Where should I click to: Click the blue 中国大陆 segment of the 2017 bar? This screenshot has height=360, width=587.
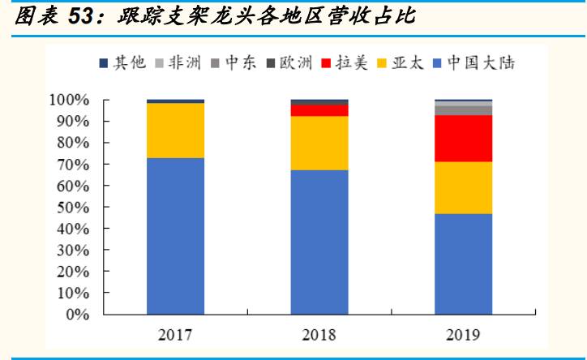[175, 235]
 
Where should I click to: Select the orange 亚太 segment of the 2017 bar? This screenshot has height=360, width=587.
[175, 131]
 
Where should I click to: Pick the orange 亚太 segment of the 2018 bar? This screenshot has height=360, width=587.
[319, 143]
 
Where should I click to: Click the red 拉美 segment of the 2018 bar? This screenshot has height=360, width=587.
[319, 110]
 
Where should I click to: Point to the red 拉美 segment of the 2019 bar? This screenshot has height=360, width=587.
[464, 138]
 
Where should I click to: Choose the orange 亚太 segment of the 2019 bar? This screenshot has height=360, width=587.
[464, 187]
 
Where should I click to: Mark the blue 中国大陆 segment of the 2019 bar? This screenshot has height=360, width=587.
[464, 264]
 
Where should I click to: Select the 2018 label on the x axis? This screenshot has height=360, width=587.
[319, 334]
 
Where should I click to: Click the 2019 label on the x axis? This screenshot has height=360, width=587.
[464, 334]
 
